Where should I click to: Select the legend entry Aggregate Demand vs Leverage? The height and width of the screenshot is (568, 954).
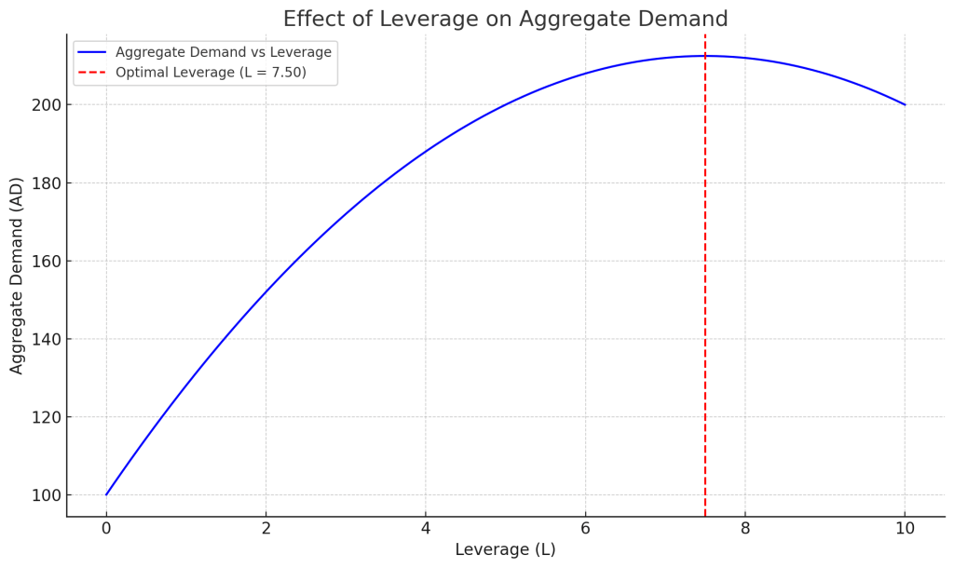pos(223,52)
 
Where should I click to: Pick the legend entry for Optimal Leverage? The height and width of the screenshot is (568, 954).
pos(211,73)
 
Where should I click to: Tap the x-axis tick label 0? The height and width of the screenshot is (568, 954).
pos(106,529)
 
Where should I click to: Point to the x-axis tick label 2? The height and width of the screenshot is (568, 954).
pos(266,529)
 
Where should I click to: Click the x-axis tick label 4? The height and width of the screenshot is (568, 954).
pos(426,529)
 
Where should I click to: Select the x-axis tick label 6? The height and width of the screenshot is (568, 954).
pos(585,529)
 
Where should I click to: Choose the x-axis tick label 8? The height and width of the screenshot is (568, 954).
pos(744,529)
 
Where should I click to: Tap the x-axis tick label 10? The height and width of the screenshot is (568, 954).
pos(904,529)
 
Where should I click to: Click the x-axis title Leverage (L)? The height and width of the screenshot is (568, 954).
pos(505,550)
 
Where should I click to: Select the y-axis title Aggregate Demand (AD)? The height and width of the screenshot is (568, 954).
pos(18,276)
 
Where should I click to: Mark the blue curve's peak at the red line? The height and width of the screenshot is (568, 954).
pos(705,56)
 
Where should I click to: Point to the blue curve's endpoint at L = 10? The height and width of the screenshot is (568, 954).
pos(904,104)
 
